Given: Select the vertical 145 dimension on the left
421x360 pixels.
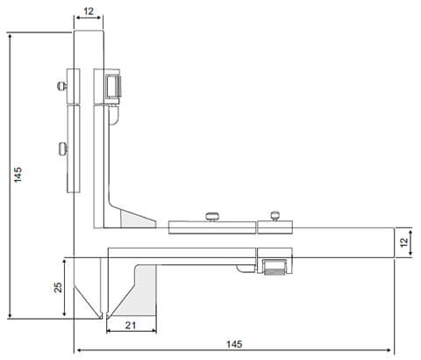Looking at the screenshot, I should (18, 175).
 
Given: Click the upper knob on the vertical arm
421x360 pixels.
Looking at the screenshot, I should (60, 85).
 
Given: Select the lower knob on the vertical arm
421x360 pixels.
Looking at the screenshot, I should (61, 148).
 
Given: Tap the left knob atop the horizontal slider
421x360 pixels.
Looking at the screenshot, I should (210, 216).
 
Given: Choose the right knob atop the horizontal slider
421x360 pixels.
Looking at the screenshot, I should (275, 214).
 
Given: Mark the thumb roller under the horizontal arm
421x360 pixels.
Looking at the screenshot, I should (273, 265).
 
